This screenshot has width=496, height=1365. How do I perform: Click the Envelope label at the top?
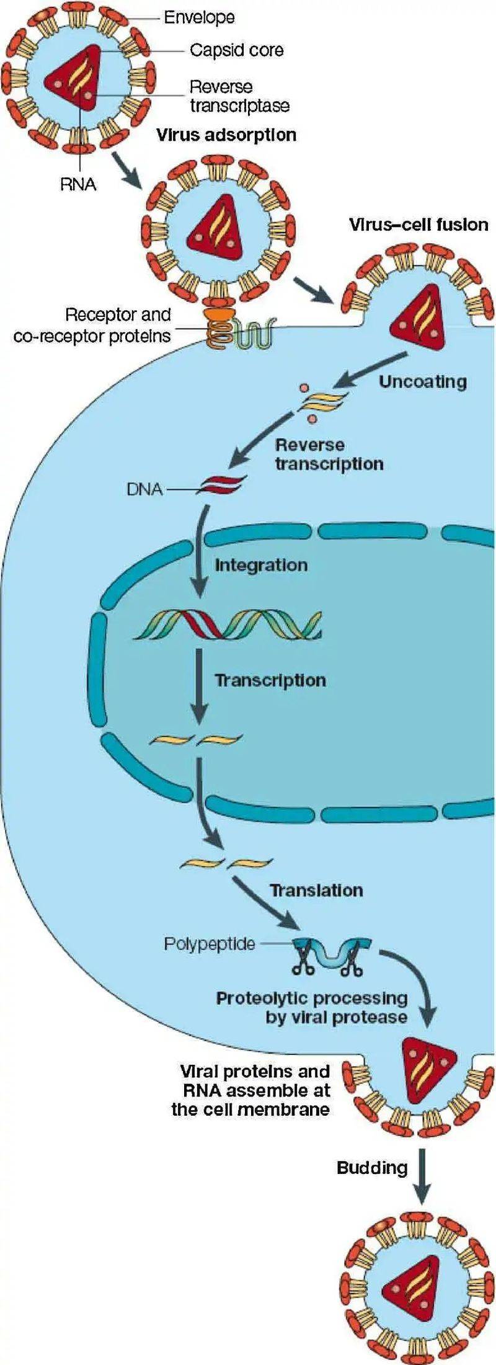(x=199, y=17)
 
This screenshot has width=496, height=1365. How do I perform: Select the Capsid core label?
(x=236, y=50)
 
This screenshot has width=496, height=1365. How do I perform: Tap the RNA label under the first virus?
(x=78, y=184)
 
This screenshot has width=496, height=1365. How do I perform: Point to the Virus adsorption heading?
(x=226, y=135)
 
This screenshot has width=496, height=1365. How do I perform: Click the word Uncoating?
(x=422, y=381)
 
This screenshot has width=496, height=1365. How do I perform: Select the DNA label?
(x=144, y=489)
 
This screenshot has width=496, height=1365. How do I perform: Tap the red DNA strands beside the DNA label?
(x=221, y=484)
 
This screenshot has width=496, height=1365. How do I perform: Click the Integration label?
(x=261, y=565)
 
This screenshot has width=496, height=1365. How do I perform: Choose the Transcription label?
(x=270, y=680)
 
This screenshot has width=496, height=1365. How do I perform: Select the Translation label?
(x=316, y=890)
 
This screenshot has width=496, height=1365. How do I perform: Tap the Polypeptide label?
(x=209, y=943)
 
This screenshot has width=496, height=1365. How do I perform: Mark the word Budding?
(x=372, y=1168)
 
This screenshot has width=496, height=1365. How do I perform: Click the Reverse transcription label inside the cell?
(x=329, y=454)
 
